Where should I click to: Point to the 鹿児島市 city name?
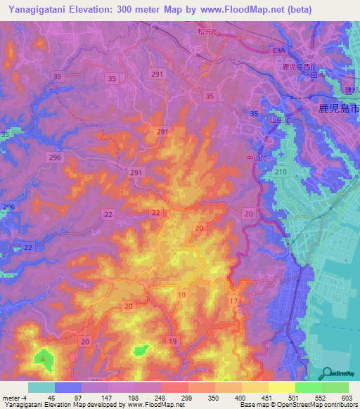[334, 110]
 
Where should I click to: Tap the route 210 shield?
[282, 172]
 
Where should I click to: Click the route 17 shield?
[233, 301]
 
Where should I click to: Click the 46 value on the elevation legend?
[51, 398]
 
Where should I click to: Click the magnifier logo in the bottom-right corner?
[328, 372]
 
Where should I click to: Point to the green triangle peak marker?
[44, 358]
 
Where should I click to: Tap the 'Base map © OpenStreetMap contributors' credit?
[298, 405]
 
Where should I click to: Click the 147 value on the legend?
[103, 398]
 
